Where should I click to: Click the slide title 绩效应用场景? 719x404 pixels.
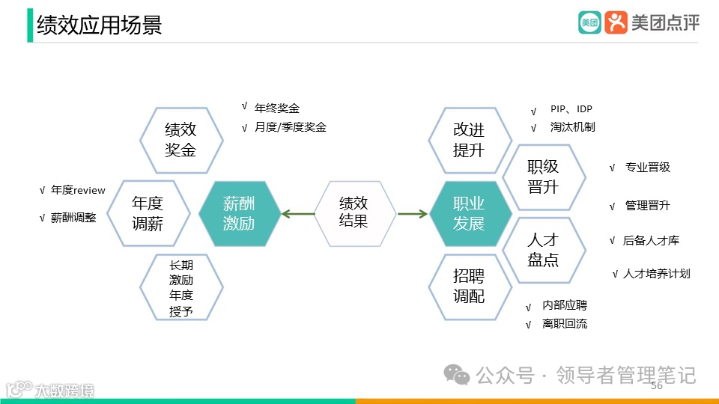point(99,25)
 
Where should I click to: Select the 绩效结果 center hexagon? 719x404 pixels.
point(354,212)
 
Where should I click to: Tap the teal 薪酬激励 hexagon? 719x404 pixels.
point(239,212)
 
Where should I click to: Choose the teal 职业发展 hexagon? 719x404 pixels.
point(469,212)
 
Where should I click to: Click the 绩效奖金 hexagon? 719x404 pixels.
point(180,139)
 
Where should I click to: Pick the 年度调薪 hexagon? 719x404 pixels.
point(148,212)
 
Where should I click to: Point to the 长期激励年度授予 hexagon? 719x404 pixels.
point(180,288)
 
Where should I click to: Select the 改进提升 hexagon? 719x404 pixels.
point(469,139)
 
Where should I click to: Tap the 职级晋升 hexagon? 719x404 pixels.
point(543,176)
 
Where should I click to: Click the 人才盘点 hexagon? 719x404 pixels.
point(543,250)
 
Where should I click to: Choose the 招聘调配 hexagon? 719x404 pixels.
point(469,287)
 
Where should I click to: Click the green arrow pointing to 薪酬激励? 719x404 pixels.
point(298,215)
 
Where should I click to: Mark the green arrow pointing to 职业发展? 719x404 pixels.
point(412,215)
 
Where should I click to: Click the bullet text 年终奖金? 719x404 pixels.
point(277,108)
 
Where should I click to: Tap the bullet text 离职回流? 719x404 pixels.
point(565,324)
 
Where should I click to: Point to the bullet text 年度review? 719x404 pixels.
point(78,191)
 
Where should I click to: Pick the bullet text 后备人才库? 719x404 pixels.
point(651,241)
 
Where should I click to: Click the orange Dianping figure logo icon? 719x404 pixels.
point(616,22)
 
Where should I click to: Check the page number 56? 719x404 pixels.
point(657,386)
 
